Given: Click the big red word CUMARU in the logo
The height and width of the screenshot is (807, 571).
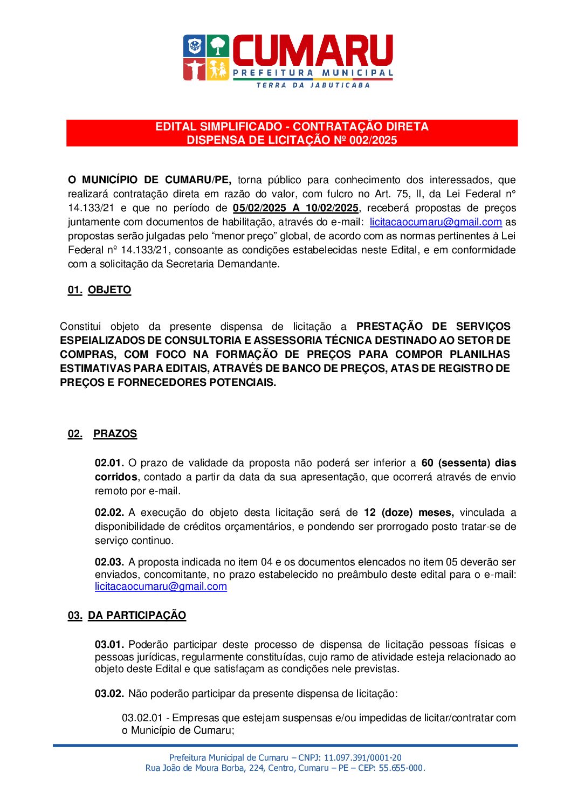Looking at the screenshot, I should click(x=312, y=51).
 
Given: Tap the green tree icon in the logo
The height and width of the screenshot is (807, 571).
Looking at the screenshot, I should click(x=218, y=46).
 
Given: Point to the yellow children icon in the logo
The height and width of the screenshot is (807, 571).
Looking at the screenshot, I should click(x=218, y=70).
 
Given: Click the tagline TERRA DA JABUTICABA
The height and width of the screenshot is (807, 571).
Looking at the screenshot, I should click(x=313, y=85).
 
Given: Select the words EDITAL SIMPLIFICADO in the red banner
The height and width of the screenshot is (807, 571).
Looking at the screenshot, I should click(x=218, y=127).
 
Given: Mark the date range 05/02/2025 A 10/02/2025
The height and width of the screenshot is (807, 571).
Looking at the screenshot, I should click(x=295, y=208).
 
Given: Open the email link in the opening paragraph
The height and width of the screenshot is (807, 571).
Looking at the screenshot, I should click(x=436, y=222).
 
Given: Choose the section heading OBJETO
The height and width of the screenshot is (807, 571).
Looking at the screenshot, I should click(x=109, y=290).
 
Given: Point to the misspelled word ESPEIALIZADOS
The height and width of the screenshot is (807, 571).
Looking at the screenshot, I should click(x=102, y=341).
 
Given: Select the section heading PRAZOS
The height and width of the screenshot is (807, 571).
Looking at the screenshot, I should click(x=115, y=434).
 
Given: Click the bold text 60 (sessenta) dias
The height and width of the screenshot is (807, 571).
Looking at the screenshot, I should click(x=469, y=463).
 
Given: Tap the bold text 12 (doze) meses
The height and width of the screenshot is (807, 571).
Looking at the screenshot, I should click(x=408, y=513).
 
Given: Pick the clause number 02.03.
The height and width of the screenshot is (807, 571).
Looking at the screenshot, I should click(x=109, y=562).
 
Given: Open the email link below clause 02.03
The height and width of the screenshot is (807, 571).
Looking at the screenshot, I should click(x=161, y=587).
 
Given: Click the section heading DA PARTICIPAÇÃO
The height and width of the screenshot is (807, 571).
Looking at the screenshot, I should click(x=137, y=616).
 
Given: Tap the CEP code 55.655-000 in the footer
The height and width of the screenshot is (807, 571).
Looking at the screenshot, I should click(x=401, y=768).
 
